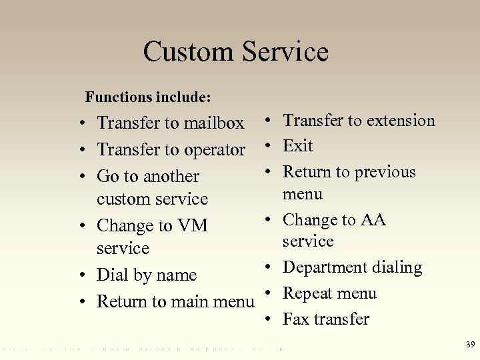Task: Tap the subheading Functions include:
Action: (x=148, y=97)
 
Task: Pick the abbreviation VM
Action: (x=192, y=226)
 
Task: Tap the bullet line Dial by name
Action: (x=147, y=275)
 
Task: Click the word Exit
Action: (x=297, y=146)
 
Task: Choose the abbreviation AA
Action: (x=373, y=220)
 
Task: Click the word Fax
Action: (x=297, y=319)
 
